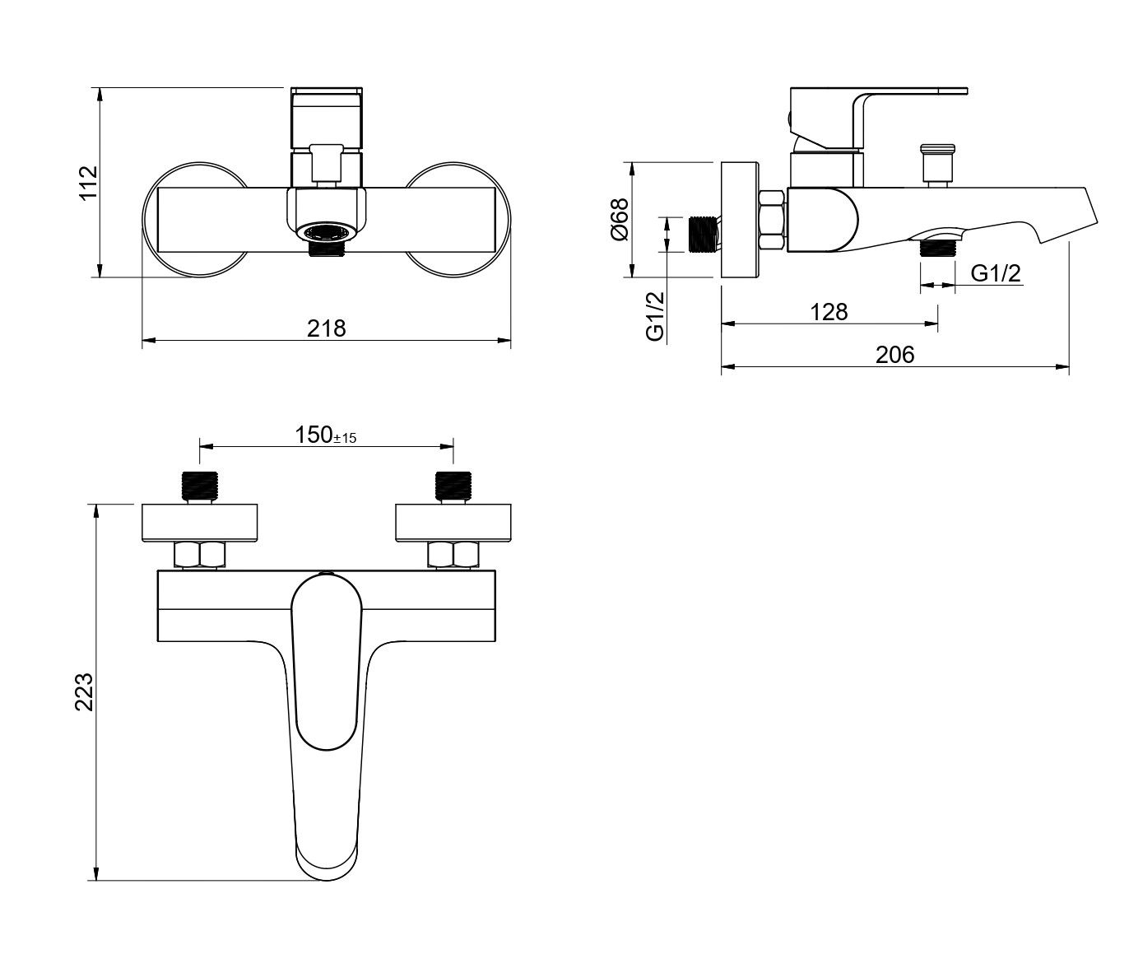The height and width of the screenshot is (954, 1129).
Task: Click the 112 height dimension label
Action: (89, 184)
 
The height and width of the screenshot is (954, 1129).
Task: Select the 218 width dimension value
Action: (326, 328)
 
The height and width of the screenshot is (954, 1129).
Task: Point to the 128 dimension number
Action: (829, 312)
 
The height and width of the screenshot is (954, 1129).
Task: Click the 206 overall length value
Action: (894, 355)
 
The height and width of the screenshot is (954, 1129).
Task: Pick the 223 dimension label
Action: (85, 691)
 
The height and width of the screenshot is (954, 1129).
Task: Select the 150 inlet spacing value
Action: (314, 435)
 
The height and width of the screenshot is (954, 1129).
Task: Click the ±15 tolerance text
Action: (345, 438)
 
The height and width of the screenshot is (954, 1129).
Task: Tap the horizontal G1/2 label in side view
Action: (996, 273)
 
